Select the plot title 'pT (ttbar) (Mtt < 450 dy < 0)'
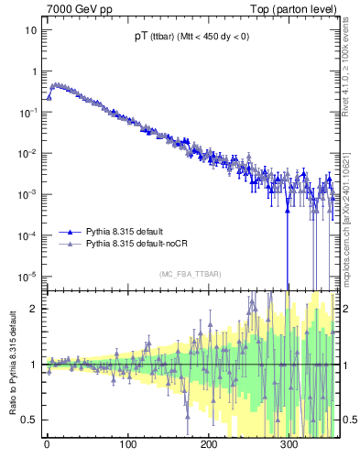pos(191,37)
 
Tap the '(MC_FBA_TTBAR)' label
pos(190,274)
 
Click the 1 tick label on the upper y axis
pos(34,71)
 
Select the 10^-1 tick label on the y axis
pos(29,111)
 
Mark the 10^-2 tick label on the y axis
pos(29,152)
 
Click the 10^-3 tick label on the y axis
pos(29,193)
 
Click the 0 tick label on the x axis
pos(47,446)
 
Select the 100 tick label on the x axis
pos(127,446)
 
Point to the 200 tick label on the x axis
pos(209,446)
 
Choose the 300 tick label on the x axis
pos(289,446)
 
